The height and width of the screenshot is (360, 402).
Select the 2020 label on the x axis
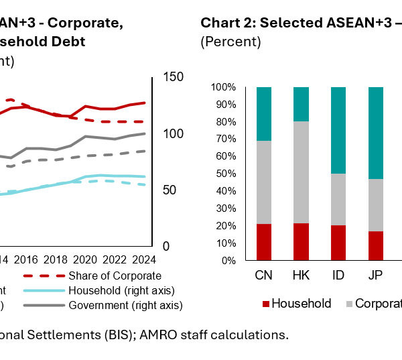coord(85,259)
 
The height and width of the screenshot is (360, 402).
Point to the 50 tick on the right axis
coord(170,190)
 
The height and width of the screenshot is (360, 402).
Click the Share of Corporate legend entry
coord(115,276)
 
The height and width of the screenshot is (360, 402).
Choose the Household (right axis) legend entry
coord(121,290)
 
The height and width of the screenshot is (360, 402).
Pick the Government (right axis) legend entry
coord(125,305)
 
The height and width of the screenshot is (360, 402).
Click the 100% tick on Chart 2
coord(222,87)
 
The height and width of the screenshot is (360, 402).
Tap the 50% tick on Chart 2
coord(224,174)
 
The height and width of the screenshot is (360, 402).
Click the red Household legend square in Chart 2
coord(265,304)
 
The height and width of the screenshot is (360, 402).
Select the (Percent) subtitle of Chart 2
coord(230,42)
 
